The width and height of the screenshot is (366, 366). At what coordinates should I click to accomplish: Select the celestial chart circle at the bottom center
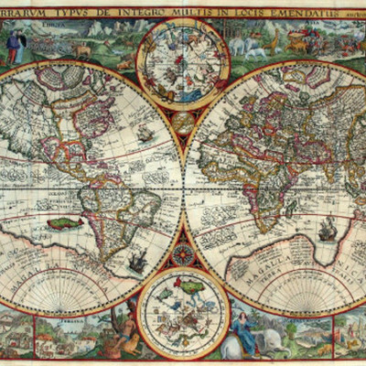point(183,312)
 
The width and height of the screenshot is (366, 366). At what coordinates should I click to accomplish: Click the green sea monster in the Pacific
point(65,222)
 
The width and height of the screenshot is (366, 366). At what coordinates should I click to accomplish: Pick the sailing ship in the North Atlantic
point(145,133)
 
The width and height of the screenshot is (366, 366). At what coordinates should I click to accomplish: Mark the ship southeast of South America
point(138,263)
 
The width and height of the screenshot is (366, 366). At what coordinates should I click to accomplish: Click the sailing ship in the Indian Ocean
point(327,229)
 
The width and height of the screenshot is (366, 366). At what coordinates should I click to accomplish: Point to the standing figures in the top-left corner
point(14,46)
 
